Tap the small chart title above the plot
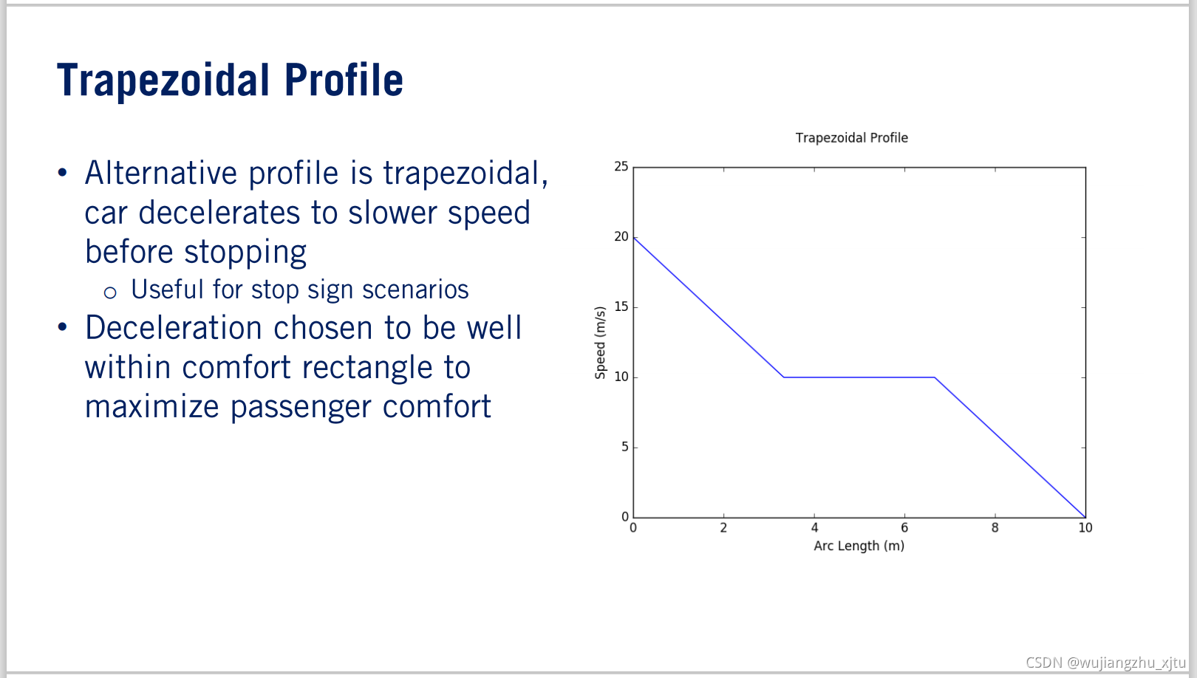851,138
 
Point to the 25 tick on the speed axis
621,167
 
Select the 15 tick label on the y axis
621,307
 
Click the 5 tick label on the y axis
624,447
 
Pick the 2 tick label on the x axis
723,528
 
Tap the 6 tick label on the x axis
904,528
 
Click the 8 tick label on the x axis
995,528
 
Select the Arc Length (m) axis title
859,546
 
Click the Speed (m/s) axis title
600,343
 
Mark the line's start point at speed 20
634,237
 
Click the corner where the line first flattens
784,377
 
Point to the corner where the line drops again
935,377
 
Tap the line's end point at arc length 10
1085,517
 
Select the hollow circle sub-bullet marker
110,292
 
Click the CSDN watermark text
1105,662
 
